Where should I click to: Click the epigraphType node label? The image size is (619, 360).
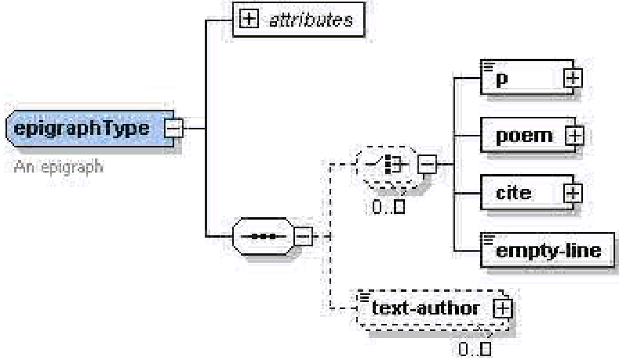tap(82, 128)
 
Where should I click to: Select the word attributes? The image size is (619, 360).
tap(311, 20)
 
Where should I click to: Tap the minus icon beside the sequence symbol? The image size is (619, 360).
tap(302, 235)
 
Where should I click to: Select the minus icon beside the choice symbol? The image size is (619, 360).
tap(426, 165)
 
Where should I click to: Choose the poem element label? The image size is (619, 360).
tap(523, 135)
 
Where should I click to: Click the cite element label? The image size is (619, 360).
tap(514, 192)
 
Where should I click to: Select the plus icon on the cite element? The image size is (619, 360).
tap(573, 192)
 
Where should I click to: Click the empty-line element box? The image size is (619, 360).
tap(547, 250)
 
